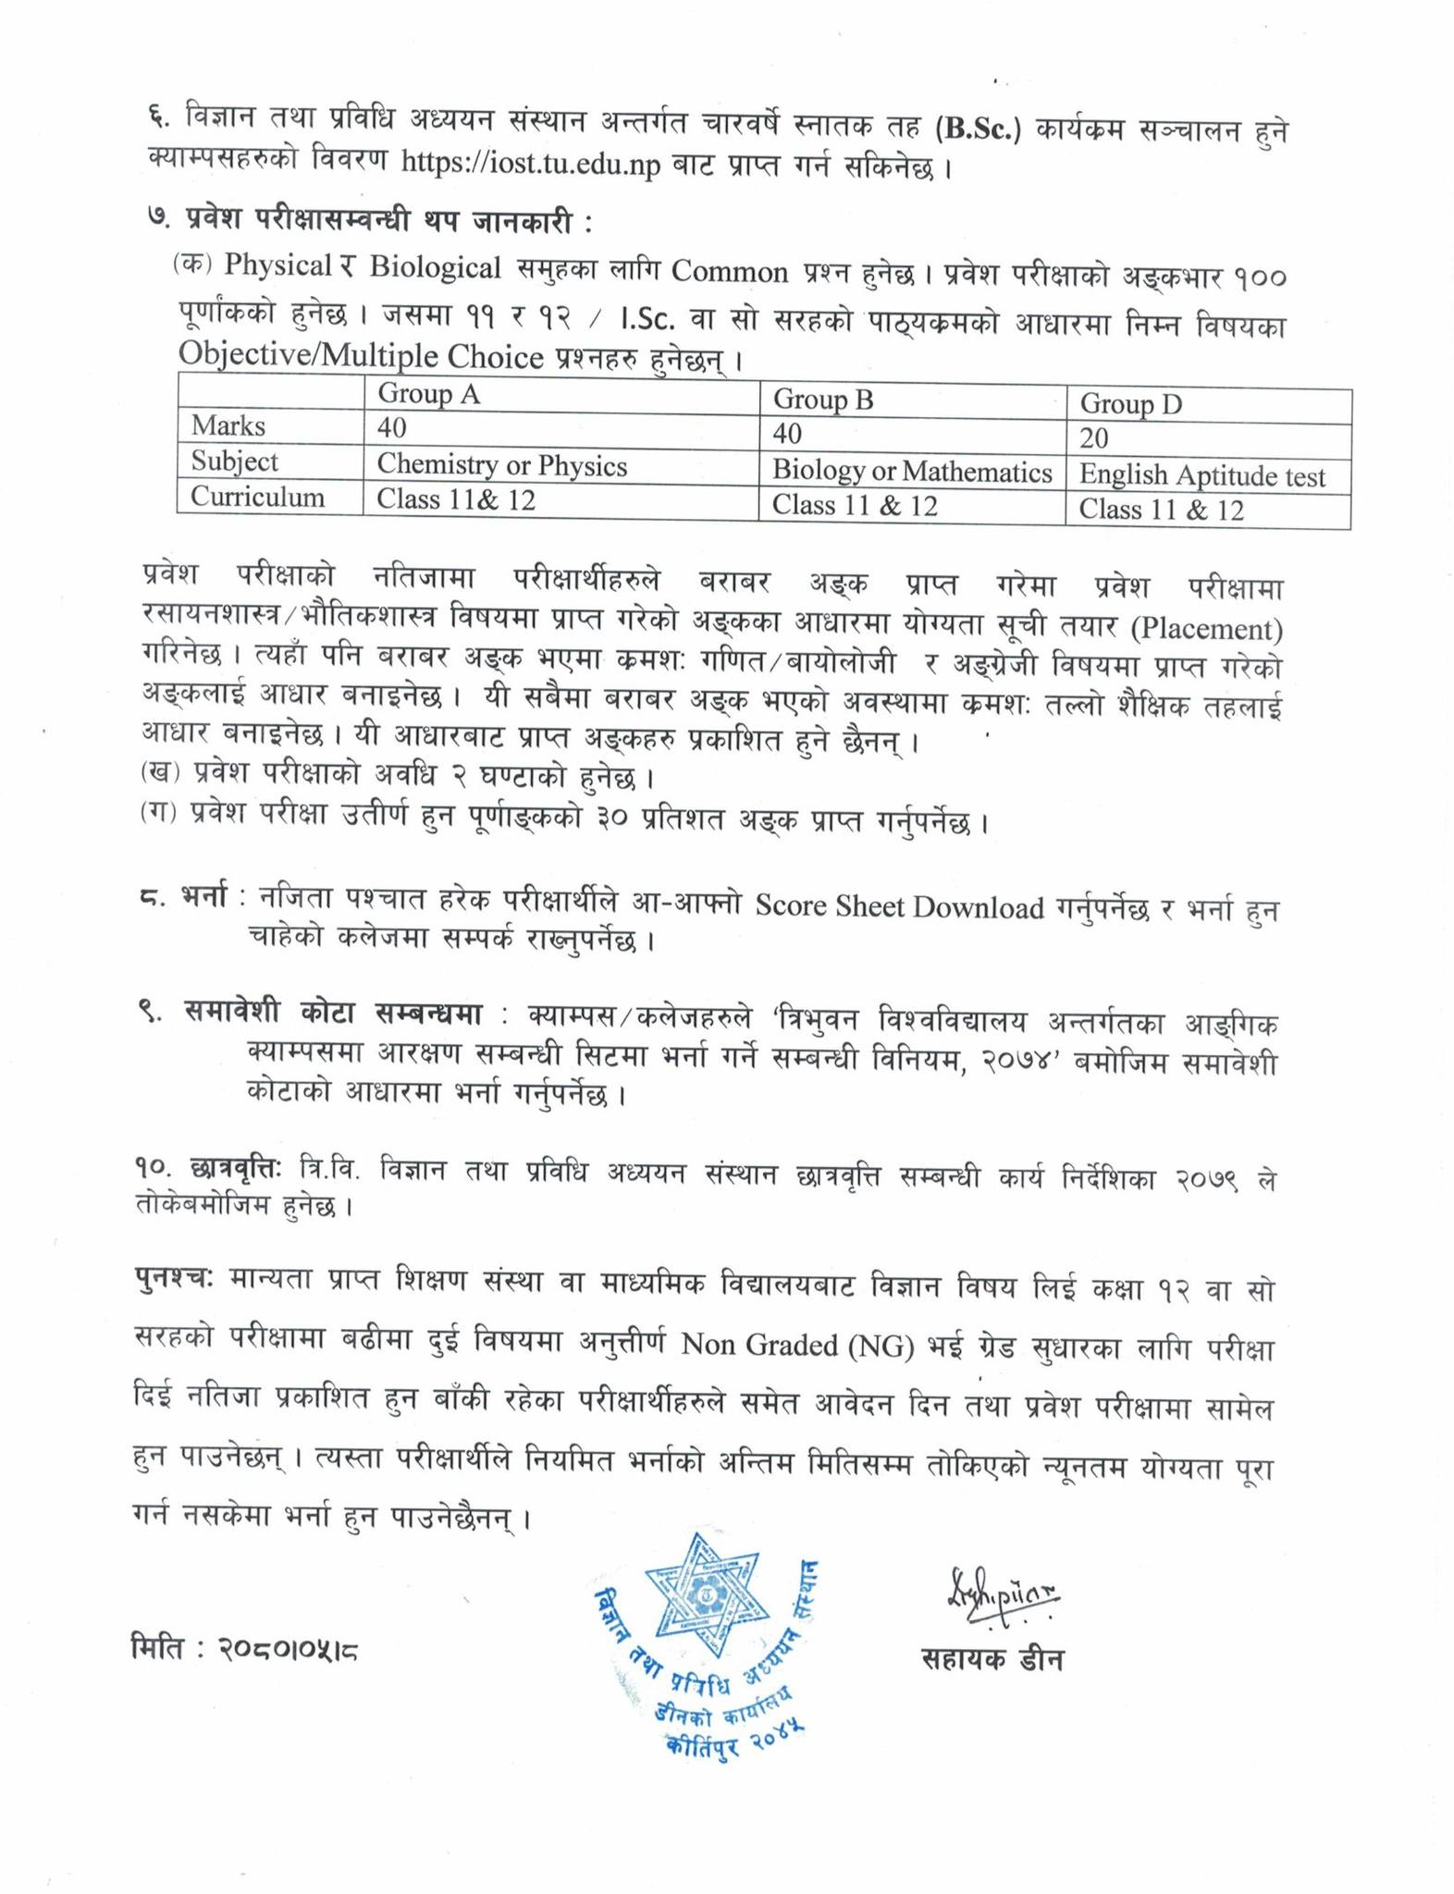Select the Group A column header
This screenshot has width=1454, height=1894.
tap(428, 395)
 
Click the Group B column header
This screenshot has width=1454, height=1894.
tap(823, 400)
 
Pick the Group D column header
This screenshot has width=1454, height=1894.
tap(1130, 405)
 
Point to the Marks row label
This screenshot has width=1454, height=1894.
tap(228, 426)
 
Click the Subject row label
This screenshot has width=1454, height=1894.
tap(234, 461)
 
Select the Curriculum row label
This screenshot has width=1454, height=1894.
tap(257, 498)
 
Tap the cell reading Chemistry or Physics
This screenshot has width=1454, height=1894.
tap(501, 465)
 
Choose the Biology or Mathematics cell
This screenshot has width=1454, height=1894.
tap(912, 473)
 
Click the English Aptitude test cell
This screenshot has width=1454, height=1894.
tap(1201, 476)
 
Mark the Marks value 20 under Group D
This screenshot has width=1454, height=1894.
tap(1093, 438)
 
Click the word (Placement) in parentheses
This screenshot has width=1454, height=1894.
tap(1207, 630)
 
